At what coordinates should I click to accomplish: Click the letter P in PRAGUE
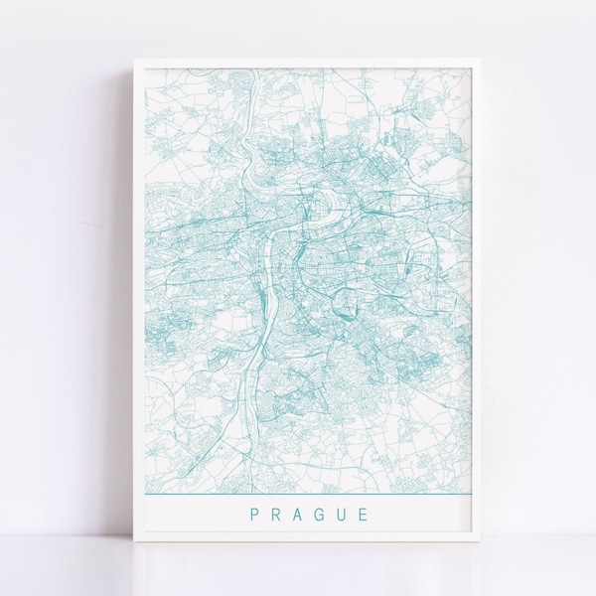(255, 515)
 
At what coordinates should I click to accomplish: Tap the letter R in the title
(277, 515)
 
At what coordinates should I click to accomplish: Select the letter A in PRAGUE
(299, 515)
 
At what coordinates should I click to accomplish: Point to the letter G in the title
(321, 515)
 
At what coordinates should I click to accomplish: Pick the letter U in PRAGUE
(343, 515)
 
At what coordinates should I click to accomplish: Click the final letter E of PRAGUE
(364, 515)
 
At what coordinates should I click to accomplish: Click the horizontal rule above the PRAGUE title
(308, 494)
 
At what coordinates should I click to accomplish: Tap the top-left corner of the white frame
(133, 60)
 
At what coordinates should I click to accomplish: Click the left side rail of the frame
(138, 298)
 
